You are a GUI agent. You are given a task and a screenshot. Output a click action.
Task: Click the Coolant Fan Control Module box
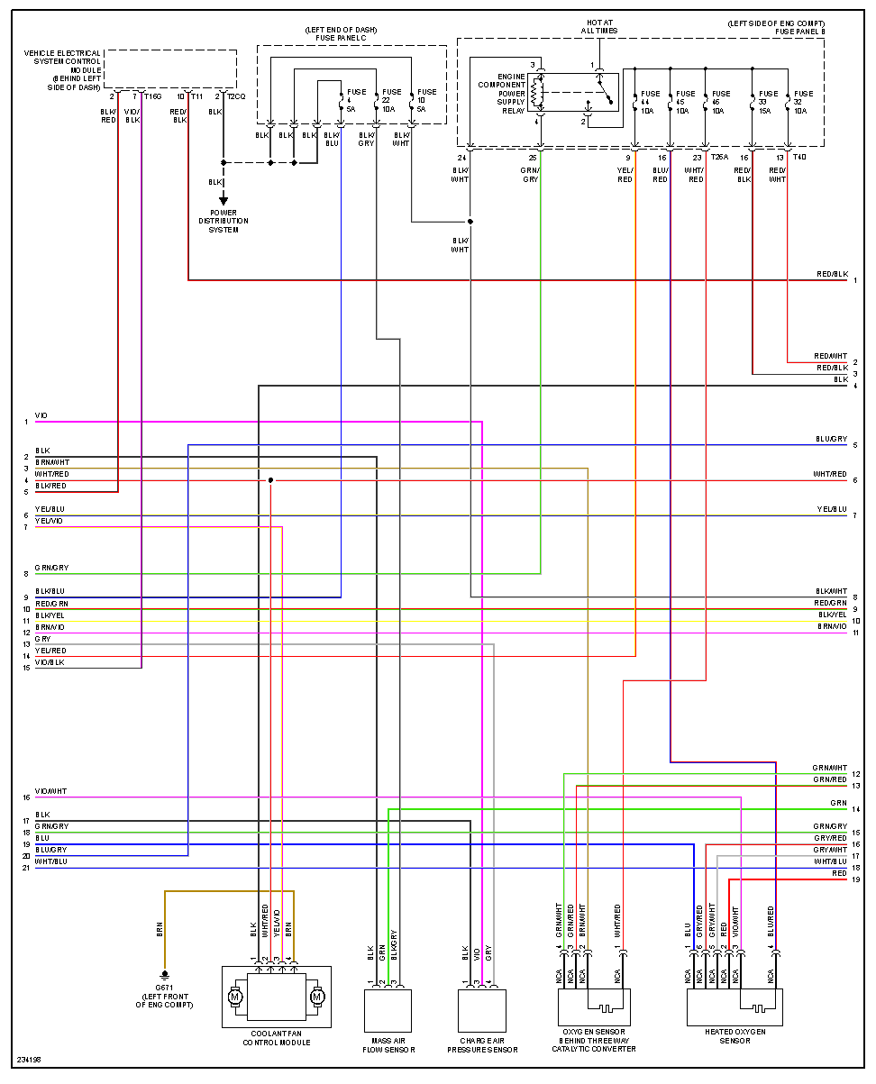coord(276,997)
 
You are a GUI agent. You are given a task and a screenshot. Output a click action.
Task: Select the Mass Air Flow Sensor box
coord(388,1010)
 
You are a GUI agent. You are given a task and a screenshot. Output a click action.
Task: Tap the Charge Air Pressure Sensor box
coord(482,1010)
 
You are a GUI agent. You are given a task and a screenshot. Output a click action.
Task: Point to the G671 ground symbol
coord(164,975)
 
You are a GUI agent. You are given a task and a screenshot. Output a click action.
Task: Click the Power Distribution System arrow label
coord(224,221)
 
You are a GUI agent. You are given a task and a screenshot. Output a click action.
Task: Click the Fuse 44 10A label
coord(649,102)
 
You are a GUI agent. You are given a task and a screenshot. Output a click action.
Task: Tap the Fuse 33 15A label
coord(767,102)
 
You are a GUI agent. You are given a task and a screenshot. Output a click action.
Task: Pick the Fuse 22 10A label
coord(391,101)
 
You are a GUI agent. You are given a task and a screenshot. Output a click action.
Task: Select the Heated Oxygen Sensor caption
coord(735,1035)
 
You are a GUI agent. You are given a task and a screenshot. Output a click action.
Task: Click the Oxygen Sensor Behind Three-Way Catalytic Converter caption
coord(593,1040)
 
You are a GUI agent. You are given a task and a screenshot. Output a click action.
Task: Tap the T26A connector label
coord(719,158)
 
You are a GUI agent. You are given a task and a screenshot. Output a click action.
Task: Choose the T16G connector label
coord(152,96)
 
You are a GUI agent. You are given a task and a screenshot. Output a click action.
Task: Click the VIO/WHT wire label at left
coord(50,791)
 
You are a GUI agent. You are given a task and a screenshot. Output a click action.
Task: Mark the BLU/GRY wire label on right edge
coord(831,440)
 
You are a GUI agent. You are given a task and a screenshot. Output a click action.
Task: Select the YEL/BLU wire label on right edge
coord(831,510)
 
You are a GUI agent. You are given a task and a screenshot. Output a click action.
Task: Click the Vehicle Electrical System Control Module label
coord(63,70)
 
